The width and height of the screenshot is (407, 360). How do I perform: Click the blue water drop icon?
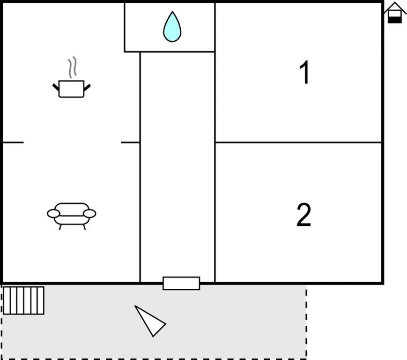[x=172, y=27]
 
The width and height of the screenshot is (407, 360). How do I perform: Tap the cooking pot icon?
[x=71, y=89]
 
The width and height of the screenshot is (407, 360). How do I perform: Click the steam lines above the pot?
[x=73, y=67]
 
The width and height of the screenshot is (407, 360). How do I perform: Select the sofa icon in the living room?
[x=71, y=216]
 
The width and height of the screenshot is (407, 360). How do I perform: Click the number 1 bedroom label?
[x=304, y=72]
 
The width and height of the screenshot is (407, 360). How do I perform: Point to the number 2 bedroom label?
[x=303, y=215]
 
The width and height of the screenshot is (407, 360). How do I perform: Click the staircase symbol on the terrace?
[x=23, y=300]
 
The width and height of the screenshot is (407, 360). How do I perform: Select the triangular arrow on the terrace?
[x=150, y=321]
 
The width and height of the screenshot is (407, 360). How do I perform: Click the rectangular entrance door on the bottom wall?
[x=181, y=284]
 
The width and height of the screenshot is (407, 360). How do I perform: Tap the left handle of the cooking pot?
[x=56, y=87]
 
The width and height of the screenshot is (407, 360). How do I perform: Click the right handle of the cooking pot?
[x=87, y=88]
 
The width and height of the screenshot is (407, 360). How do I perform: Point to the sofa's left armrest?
[x=53, y=213]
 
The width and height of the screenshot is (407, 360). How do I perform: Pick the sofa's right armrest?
[x=89, y=213]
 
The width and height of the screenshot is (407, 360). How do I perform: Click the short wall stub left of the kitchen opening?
[x=13, y=142]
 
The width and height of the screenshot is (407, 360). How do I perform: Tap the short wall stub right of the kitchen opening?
[x=131, y=142]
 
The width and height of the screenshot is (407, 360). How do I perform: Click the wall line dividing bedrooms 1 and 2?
[x=298, y=142]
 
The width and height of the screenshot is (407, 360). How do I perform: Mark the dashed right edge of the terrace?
[x=307, y=322]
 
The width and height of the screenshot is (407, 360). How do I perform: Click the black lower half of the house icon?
[x=395, y=20]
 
